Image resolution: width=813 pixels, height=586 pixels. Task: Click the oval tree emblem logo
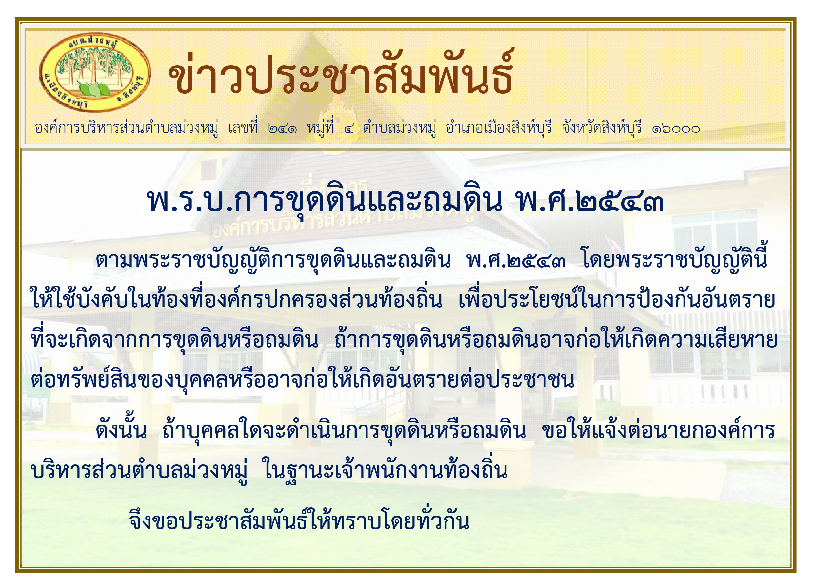coord(95,73)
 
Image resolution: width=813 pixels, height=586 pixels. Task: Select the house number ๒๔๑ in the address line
coord(283,128)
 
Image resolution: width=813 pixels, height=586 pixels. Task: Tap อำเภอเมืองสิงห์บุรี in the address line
coord(499,127)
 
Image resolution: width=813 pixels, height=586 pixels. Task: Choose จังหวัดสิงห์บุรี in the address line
coord(602,127)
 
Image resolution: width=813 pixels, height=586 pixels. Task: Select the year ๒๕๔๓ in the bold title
coord(620,202)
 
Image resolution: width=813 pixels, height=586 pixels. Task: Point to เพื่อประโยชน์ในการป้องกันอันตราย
coord(617,299)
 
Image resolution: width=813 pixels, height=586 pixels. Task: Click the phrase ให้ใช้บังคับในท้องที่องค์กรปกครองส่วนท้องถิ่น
coord(237,299)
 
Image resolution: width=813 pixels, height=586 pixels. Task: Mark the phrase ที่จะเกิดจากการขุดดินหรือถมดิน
coord(175,340)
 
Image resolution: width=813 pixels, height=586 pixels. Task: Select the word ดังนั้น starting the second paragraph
coord(121,430)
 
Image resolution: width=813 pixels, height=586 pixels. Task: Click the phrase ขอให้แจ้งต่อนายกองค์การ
coord(658,430)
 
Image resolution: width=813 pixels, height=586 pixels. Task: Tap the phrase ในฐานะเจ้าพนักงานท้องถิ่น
coord(385,470)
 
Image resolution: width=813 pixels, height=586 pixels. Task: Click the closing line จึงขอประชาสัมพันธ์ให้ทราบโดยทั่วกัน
coord(299,521)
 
